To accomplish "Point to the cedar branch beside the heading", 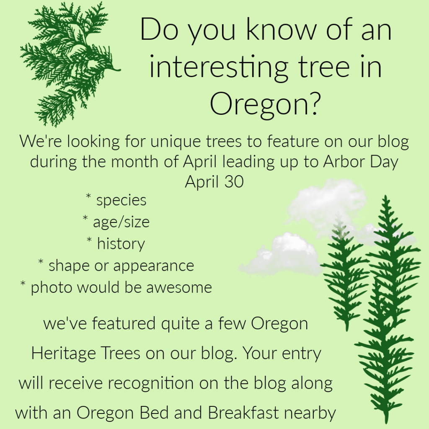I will (x=67, y=63).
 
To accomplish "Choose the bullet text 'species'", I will (x=121, y=200).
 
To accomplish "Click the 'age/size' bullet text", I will (x=121, y=222).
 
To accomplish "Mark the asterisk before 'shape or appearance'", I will (x=41, y=263).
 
